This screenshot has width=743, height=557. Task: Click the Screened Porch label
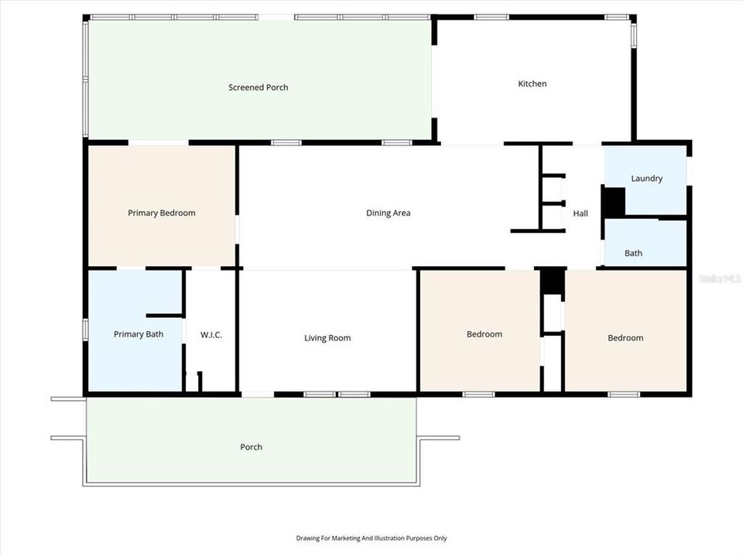click(258, 87)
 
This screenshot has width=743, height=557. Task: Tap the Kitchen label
click(532, 84)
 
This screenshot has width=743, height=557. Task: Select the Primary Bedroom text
click(161, 213)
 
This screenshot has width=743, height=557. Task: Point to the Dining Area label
click(388, 213)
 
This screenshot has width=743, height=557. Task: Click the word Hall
click(580, 214)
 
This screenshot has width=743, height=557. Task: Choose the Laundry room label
click(646, 179)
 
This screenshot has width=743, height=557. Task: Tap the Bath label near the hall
click(633, 253)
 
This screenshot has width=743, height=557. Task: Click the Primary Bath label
click(138, 334)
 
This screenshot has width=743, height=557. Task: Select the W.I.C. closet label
click(211, 335)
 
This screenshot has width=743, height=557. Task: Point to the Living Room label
click(327, 337)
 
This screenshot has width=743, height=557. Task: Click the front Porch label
click(251, 447)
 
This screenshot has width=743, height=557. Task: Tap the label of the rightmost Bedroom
click(625, 337)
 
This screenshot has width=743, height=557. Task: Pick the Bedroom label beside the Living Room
click(484, 334)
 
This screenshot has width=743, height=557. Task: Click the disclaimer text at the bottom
click(371, 538)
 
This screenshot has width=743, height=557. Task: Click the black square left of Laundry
click(613, 203)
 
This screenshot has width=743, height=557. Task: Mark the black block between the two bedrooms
click(552, 281)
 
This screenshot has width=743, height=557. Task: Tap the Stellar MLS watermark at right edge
click(720, 277)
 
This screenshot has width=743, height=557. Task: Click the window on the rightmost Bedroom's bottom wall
click(623, 395)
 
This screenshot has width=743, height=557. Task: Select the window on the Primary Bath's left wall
click(84, 328)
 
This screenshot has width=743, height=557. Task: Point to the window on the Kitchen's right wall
click(633, 35)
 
